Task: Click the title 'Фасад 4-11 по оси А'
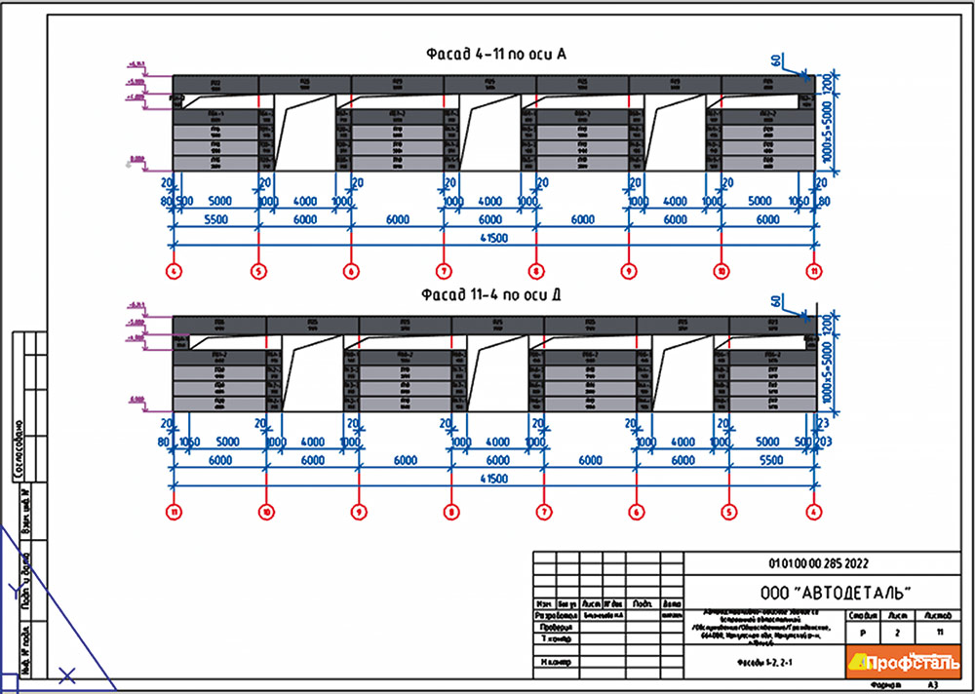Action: pos(493,55)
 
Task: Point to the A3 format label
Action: pos(933,686)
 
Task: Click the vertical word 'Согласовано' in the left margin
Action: pos(19,448)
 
